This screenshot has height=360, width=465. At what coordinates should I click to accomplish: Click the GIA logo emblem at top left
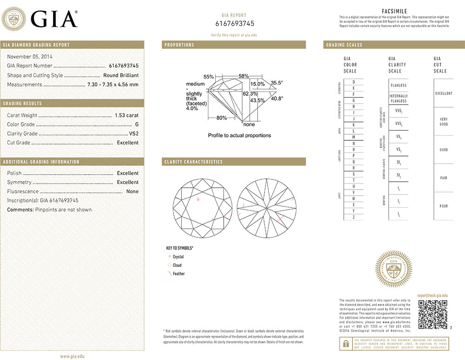click(x=14, y=20)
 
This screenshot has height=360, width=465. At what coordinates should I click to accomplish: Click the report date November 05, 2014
click(x=29, y=57)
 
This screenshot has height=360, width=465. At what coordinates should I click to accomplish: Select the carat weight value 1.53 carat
click(x=126, y=115)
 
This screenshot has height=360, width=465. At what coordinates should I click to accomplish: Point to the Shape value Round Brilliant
click(x=121, y=75)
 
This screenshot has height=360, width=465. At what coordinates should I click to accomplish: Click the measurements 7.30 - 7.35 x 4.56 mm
click(x=113, y=85)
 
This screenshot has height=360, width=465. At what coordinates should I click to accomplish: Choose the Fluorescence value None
click(x=132, y=191)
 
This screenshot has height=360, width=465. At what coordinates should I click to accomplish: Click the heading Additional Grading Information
click(x=41, y=162)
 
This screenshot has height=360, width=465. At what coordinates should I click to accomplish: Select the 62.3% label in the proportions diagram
click(x=250, y=93)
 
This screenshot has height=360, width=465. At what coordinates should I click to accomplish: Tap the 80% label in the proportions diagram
click(x=221, y=118)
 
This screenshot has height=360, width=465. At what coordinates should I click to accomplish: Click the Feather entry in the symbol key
click(x=179, y=274)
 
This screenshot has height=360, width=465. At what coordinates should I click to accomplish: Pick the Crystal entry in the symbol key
click(x=178, y=257)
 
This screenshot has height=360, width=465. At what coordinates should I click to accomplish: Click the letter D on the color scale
click(x=354, y=82)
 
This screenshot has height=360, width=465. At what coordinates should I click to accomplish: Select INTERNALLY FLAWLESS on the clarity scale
click(x=398, y=98)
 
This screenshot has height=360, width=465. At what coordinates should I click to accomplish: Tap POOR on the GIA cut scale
click(x=443, y=206)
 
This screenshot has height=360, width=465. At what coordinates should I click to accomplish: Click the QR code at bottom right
click(x=432, y=314)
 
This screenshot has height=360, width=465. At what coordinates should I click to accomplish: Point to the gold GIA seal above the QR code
click(x=393, y=269)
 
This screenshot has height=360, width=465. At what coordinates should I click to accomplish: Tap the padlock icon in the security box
click(x=345, y=343)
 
